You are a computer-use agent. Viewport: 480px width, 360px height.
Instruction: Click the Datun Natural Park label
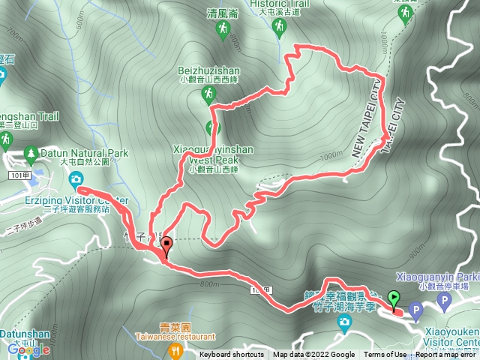pos(83,153)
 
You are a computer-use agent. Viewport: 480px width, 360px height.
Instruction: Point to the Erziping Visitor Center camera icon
pos(76,178)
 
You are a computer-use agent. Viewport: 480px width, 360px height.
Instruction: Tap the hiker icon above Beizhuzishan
pos(208,94)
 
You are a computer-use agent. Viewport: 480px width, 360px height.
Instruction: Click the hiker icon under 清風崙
pos(223,29)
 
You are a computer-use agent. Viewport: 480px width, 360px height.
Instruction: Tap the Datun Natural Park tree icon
pos(31,154)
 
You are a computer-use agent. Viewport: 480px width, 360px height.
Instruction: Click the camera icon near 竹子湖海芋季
pos(344,324)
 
